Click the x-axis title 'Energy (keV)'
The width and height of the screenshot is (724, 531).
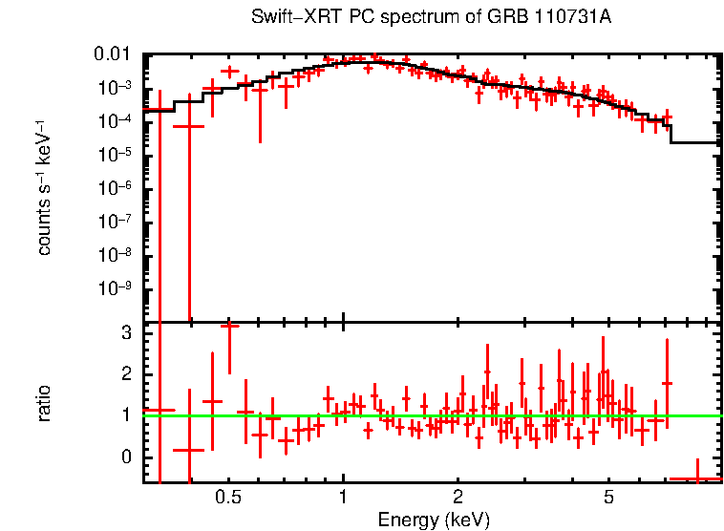(434, 520)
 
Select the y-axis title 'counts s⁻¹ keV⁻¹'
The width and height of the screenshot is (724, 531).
(44, 187)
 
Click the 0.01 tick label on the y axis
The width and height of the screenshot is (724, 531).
(117, 54)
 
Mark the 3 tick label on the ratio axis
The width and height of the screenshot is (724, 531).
(124, 332)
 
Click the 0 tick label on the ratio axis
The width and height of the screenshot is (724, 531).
(124, 457)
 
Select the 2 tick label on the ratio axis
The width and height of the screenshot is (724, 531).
(124, 374)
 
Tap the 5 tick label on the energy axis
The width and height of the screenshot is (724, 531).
(608, 498)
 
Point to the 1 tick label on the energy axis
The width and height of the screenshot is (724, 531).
(343, 498)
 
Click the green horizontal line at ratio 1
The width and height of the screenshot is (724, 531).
(430, 415)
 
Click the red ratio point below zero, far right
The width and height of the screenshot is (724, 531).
(695, 478)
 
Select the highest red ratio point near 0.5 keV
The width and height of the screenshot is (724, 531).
(229, 326)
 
